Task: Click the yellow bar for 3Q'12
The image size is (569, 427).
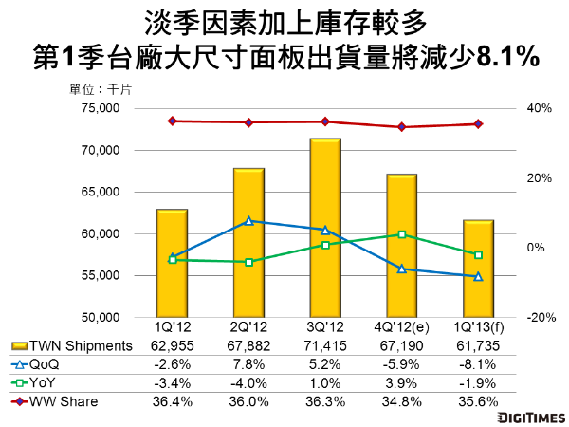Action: [x=325, y=228]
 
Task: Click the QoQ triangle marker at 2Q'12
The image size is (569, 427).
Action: [x=248, y=221]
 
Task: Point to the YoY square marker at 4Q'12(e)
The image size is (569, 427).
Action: [x=402, y=234]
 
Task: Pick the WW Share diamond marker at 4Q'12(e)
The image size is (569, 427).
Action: [x=402, y=127]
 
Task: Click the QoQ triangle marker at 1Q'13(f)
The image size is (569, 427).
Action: [x=478, y=276]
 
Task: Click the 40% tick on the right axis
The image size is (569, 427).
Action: [x=540, y=108]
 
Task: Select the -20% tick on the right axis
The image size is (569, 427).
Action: [x=539, y=317]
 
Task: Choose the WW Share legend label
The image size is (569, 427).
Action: [x=64, y=401]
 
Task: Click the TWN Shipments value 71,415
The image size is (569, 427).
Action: [x=325, y=346]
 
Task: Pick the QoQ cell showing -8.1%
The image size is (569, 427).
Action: [x=478, y=365]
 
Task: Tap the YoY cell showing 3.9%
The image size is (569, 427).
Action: [x=402, y=383]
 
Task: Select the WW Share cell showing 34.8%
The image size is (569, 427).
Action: [x=402, y=401]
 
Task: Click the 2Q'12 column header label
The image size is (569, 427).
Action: [x=248, y=327]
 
